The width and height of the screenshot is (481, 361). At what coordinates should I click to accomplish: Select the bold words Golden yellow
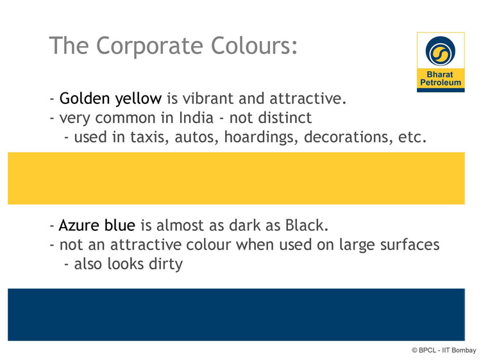pos(110,99)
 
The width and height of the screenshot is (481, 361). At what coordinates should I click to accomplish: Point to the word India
pos(196,117)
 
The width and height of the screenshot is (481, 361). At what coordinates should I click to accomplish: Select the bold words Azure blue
pos(97,226)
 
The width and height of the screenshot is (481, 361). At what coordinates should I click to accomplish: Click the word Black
pos(307,226)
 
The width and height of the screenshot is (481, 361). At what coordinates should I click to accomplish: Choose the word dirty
pos(165,264)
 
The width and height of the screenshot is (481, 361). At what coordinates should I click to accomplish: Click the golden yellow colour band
pos(236,178)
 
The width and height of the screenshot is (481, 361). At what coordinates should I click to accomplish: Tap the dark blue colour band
pos(236,314)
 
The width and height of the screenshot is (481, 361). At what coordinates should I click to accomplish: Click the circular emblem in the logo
pos(441,51)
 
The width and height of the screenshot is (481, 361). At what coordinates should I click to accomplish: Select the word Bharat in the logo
pos(440,74)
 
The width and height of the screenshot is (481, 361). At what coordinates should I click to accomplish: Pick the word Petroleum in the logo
pos(441,83)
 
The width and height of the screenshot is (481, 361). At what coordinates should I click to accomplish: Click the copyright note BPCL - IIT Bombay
pos(444,350)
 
